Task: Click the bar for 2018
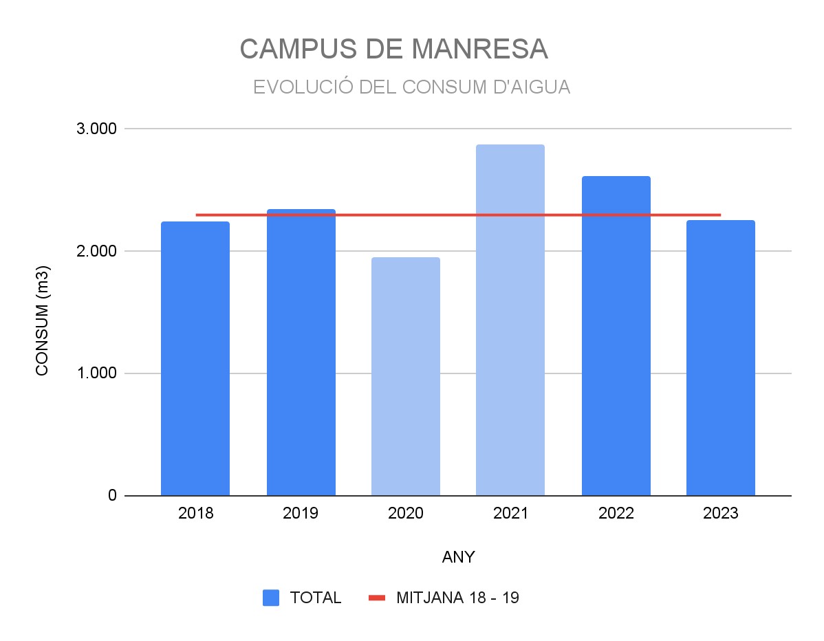pos(195,358)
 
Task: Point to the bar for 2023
pos(720,358)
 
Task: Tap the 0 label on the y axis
pos(111,495)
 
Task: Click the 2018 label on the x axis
pos(195,514)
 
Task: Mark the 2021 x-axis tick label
pos(510,514)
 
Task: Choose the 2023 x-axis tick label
pos(720,514)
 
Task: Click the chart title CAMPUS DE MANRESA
pos(393,49)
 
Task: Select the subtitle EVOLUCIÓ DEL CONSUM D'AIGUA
pos(411,87)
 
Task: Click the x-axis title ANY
pos(458,557)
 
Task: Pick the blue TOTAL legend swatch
pos(271,598)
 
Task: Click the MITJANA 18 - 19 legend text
pos(457,598)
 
